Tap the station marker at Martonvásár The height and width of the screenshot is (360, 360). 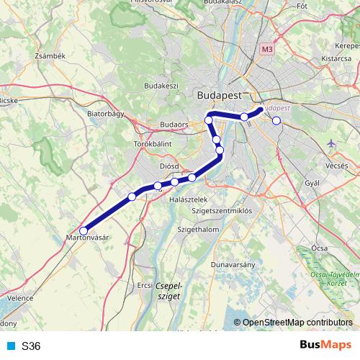click(x=84, y=231)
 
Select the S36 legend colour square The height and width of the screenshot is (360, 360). click(x=11, y=346)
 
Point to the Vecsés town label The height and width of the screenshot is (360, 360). click(x=336, y=165)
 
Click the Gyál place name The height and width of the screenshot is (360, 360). click(x=312, y=184)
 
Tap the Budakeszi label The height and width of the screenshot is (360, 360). click(x=161, y=85)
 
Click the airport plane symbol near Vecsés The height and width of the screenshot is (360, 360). click(x=331, y=144)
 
